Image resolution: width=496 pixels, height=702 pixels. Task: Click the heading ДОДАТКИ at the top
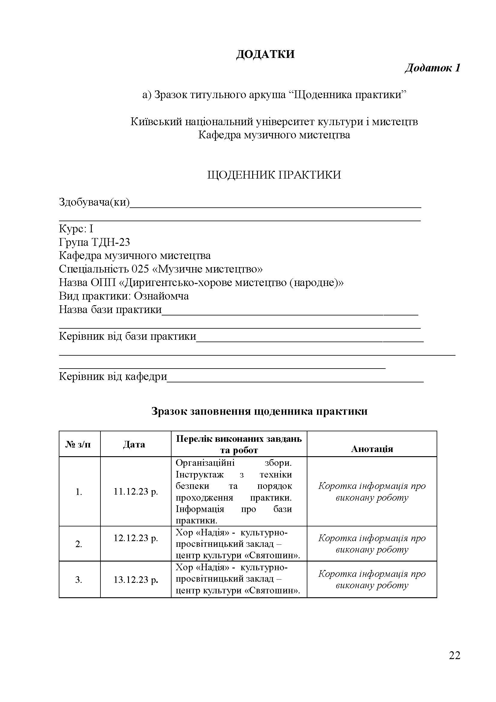pos(265,54)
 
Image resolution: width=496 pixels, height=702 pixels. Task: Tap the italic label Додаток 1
pos(432,68)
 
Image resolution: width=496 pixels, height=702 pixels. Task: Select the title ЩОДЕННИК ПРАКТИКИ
pos(274,175)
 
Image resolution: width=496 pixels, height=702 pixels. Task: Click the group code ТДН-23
pos(111,242)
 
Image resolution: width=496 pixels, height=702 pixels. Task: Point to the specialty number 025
pos(140,269)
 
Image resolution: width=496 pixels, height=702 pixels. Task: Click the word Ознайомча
pos(161,296)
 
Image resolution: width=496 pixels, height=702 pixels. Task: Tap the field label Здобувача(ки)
pos(94,202)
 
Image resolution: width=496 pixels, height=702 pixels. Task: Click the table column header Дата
pos(134,444)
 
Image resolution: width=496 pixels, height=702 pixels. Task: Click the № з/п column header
pos(79,444)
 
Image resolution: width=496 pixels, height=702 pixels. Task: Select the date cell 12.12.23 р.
pos(136,538)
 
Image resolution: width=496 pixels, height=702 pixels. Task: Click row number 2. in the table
pos(79,544)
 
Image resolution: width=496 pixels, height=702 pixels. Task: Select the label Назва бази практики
pos(110,309)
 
